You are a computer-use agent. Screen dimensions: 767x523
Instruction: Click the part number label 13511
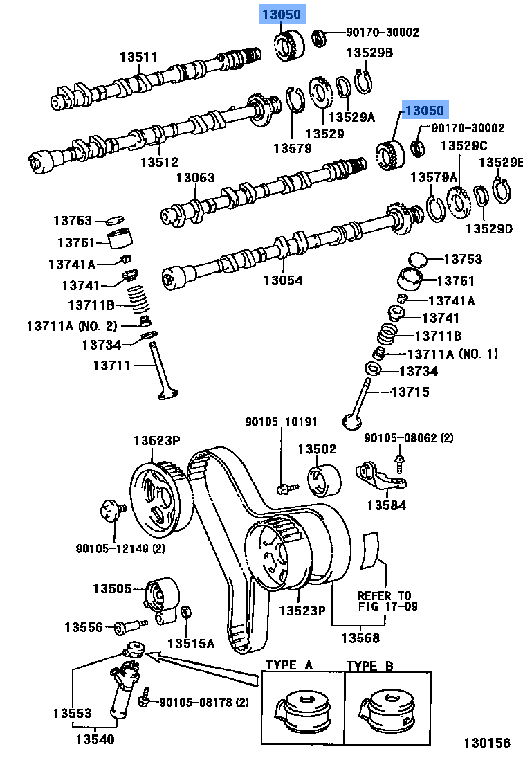pos(138,57)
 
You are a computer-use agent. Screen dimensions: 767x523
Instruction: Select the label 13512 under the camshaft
pos(159,162)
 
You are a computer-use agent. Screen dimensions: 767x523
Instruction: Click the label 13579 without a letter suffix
pos(292,147)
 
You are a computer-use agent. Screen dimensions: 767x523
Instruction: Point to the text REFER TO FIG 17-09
pos(384,601)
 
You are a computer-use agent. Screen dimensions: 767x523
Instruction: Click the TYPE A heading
pos(290,665)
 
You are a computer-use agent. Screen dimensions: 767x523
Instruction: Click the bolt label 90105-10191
pos(281,422)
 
